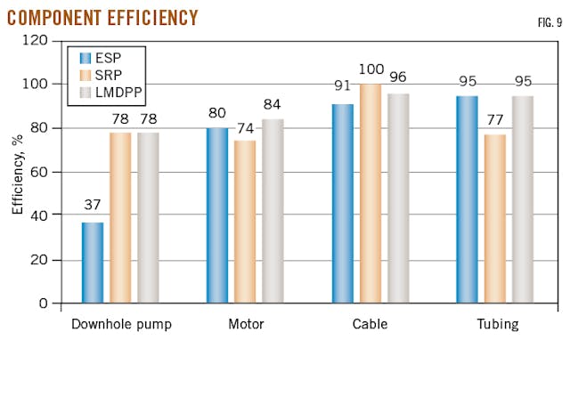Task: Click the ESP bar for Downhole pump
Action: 93,263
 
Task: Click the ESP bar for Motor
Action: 217,215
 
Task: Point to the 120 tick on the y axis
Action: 35,41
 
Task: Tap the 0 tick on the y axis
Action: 42,304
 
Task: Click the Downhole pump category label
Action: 121,325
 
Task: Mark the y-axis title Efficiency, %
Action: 18,172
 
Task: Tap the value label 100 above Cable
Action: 370,69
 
